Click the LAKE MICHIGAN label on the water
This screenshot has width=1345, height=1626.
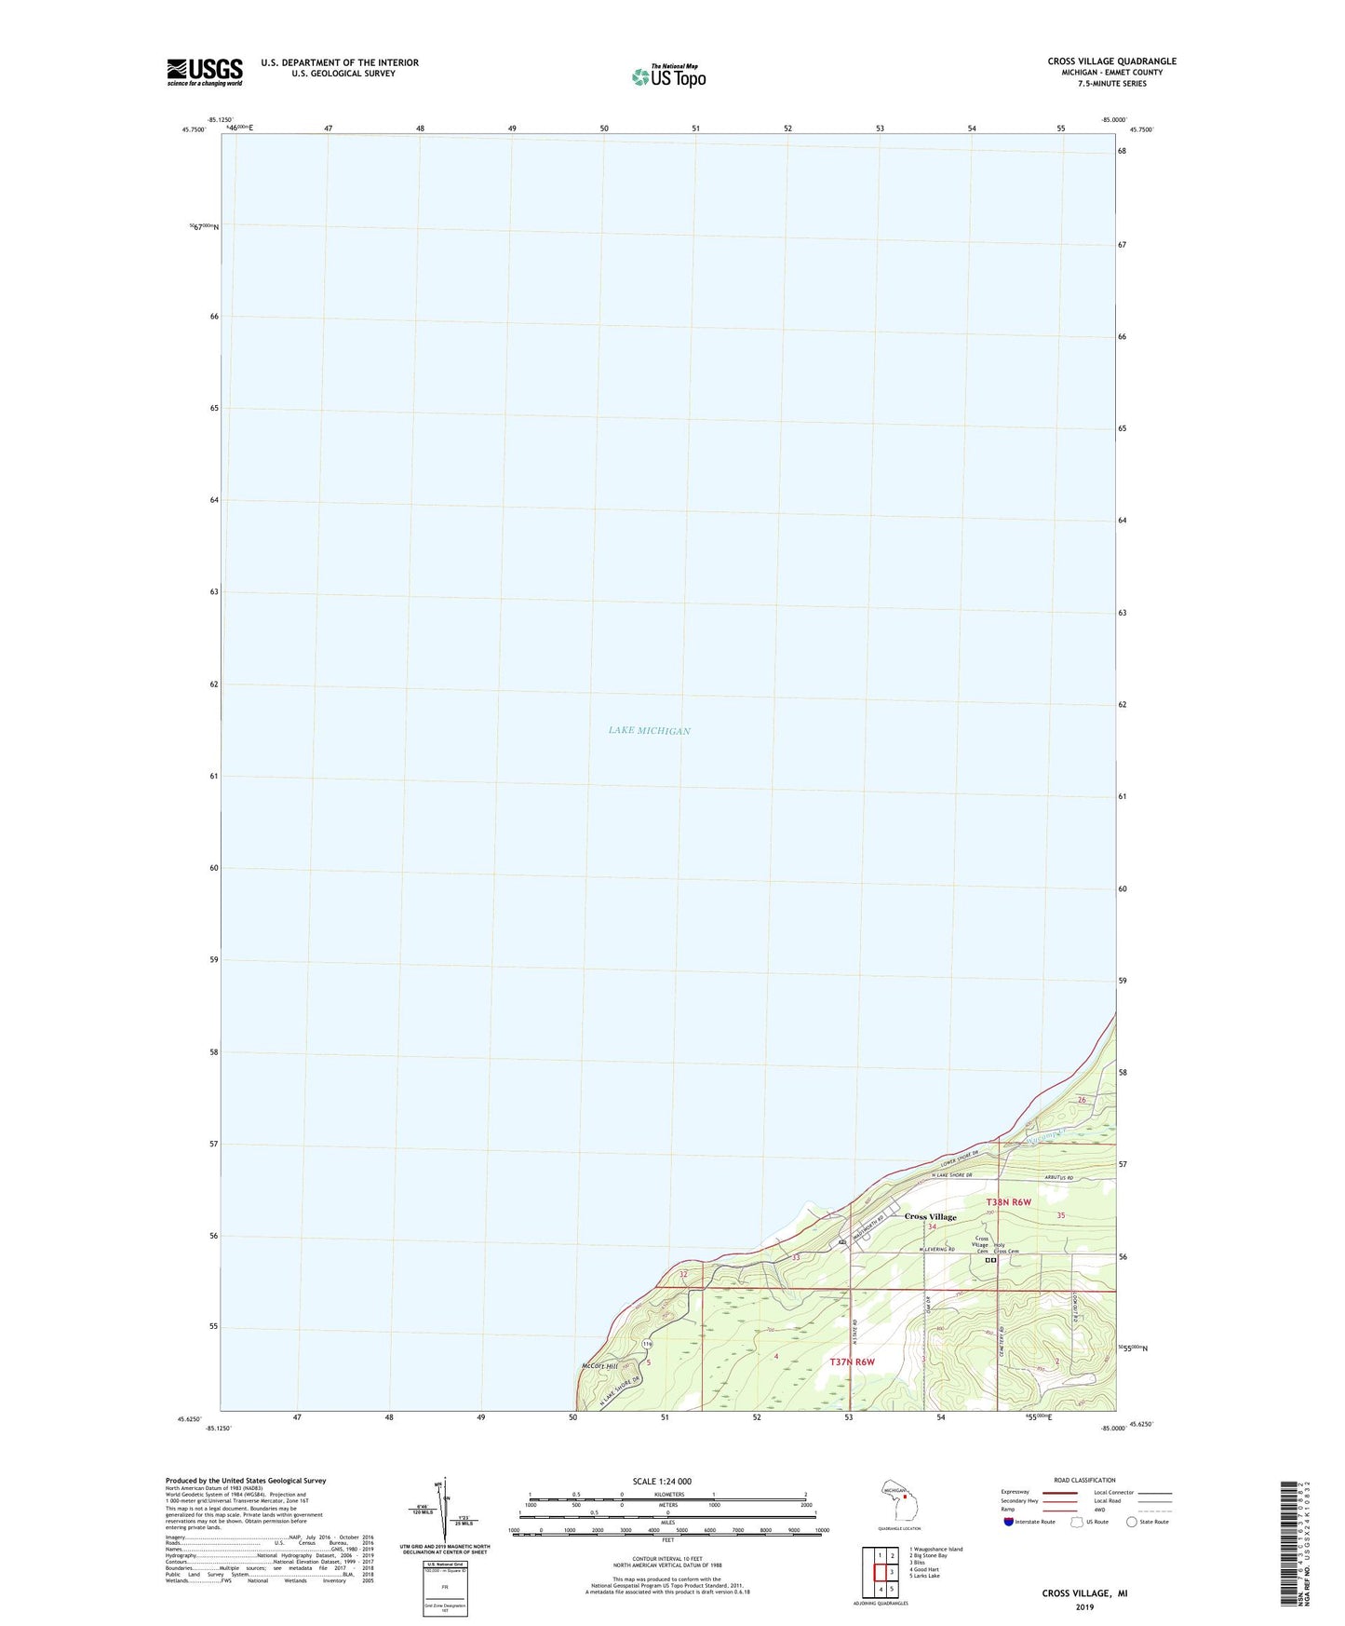click(649, 731)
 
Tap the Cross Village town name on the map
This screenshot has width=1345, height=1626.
click(930, 1217)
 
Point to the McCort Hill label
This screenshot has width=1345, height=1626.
click(599, 1366)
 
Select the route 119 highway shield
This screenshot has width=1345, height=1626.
click(646, 1343)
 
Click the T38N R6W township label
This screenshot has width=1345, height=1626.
click(1009, 1202)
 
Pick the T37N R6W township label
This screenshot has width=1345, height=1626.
click(852, 1362)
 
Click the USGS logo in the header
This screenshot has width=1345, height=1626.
click(205, 72)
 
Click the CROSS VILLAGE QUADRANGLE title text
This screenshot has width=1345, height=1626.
click(1111, 61)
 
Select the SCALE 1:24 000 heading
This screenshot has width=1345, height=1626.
click(662, 1481)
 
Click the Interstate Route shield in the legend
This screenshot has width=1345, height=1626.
click(1009, 1522)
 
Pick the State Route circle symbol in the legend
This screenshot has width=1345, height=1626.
click(1131, 1522)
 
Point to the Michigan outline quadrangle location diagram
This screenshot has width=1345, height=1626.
click(898, 1501)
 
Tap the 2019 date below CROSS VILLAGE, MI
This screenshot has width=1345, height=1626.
click(1084, 1606)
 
